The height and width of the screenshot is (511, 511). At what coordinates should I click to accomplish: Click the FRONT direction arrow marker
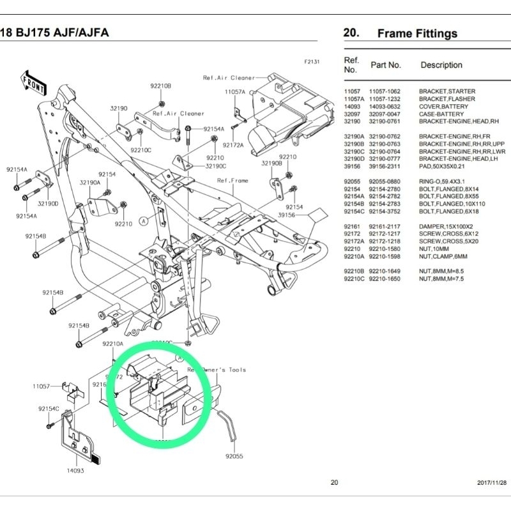[33, 82]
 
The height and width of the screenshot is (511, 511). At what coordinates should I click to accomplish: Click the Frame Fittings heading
[417, 33]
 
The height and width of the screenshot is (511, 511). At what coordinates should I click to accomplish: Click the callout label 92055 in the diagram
[235, 457]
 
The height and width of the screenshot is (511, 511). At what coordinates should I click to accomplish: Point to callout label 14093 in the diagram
[75, 471]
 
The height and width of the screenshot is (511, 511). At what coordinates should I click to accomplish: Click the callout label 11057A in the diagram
[234, 92]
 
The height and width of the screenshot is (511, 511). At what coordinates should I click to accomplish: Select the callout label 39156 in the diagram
[287, 216]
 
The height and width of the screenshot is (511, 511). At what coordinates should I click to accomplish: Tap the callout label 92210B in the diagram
[160, 86]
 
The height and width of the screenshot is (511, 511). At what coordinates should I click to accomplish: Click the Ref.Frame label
[233, 181]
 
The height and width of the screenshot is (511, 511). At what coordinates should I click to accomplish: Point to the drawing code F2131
[312, 63]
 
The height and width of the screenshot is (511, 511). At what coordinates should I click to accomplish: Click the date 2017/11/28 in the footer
[491, 483]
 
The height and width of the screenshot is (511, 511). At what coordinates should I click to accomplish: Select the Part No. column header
[386, 65]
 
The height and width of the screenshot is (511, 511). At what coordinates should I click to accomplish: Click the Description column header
[441, 65]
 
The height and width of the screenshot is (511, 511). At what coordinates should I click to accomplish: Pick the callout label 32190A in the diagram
[89, 182]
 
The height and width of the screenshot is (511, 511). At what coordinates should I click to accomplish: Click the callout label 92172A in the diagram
[233, 145]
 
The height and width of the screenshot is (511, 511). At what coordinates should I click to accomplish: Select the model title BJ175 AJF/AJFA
[54, 33]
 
